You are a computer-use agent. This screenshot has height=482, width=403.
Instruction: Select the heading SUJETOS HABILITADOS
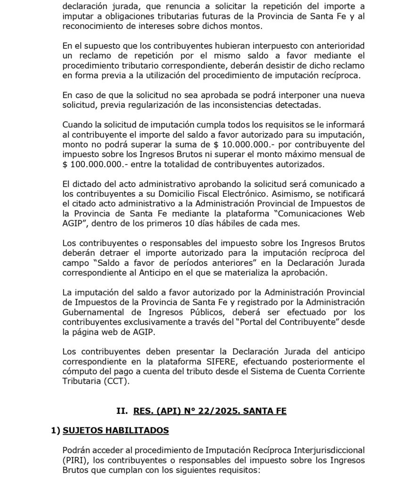pyautogui.click(x=115, y=430)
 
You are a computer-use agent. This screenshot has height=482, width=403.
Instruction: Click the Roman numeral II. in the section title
pyautogui.click(x=122, y=410)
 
